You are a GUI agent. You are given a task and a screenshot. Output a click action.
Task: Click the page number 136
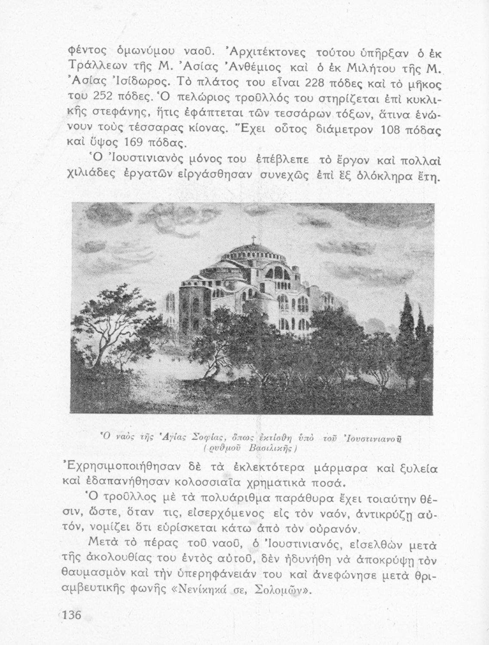click(x=72, y=614)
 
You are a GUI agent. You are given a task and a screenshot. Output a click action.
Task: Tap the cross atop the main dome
click(x=253, y=240)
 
